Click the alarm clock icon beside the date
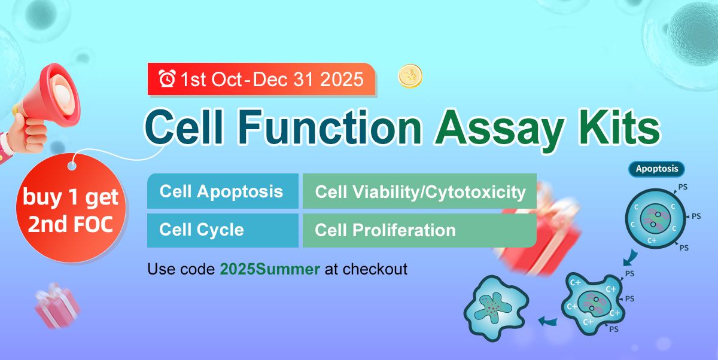(x=167, y=78)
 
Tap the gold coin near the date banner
(x=410, y=76)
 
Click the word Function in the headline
(x=330, y=127)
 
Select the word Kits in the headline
(x=619, y=127)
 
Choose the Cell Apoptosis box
(x=223, y=191)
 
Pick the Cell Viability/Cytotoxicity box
(x=419, y=191)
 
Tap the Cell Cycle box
(x=223, y=230)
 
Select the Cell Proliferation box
(x=419, y=230)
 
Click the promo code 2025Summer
(x=270, y=269)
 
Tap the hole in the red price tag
(x=72, y=167)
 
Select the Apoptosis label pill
(x=657, y=169)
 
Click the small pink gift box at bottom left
(x=57, y=306)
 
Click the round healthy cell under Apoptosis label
(x=656, y=219)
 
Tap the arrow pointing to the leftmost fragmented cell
(x=547, y=321)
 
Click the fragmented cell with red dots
(x=495, y=308)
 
